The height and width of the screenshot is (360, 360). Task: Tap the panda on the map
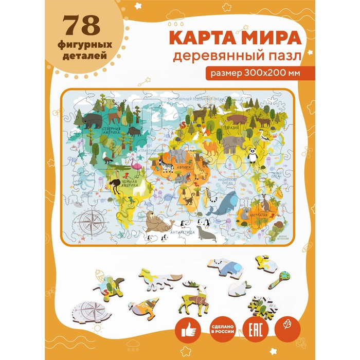point(253,153)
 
